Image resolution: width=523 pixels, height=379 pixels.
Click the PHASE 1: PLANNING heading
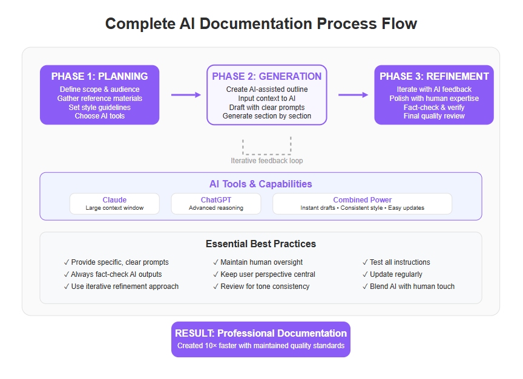[99, 76]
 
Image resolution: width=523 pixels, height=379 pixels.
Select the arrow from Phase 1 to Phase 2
[186, 95]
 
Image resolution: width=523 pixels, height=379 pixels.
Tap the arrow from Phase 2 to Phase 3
[354, 95]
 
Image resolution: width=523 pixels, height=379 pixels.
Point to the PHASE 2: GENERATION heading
[267, 76]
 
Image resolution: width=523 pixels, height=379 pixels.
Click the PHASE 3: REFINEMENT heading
[434, 76]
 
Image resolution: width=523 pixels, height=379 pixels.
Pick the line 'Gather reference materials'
[99, 99]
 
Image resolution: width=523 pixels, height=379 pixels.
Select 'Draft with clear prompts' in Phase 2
[267, 107]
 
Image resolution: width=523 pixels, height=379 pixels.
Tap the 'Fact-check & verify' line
[434, 107]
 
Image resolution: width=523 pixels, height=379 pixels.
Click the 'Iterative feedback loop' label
[267, 161]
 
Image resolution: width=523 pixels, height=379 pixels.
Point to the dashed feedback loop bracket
[267, 154]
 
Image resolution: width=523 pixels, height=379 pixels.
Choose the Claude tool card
[114, 204]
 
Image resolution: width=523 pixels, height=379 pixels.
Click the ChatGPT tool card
[216, 204]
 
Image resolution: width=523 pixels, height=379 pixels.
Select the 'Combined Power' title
[362, 200]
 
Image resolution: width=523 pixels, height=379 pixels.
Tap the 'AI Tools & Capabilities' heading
[260, 184]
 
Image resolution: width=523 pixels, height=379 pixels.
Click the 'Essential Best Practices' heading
[260, 244]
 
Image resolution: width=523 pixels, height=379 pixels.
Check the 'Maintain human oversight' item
[258, 262]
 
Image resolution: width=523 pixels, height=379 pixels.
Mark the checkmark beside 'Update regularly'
[365, 274]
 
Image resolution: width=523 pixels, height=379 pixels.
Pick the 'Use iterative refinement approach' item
[121, 287]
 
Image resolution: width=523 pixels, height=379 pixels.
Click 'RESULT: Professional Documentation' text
[260, 333]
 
